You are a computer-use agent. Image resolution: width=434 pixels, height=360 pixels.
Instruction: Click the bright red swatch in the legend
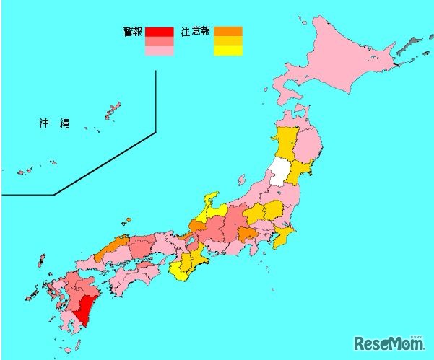click(x=159, y=32)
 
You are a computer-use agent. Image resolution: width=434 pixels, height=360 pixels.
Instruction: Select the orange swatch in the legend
click(x=228, y=32)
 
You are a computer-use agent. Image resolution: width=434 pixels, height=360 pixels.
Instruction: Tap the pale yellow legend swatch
click(x=228, y=51)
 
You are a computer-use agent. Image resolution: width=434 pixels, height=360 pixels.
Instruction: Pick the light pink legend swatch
click(x=159, y=51)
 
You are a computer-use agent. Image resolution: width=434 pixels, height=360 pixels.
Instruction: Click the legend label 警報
click(x=132, y=31)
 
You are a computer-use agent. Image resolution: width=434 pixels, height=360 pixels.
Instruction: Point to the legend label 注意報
click(x=196, y=31)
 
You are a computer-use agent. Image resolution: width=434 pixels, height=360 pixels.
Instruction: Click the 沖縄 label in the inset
click(x=53, y=123)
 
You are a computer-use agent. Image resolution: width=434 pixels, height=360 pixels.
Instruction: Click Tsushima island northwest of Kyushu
click(x=40, y=260)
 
